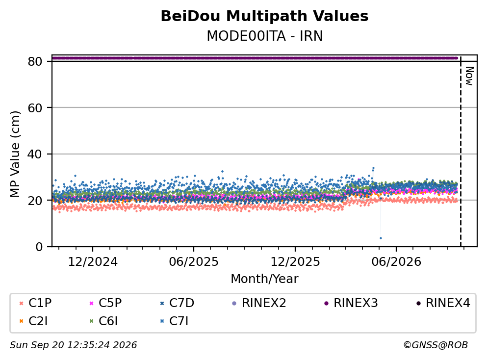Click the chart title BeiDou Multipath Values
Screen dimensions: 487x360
[264, 16]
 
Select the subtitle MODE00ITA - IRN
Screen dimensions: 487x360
[265, 36]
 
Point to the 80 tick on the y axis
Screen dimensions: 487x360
[35, 61]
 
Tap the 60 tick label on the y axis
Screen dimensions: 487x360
[35, 108]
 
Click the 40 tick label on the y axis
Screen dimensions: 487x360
[35, 154]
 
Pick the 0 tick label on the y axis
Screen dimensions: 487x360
[39, 247]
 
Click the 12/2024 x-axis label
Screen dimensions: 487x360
[93, 262]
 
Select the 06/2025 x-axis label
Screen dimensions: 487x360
[194, 262]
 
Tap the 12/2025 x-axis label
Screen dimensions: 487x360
[295, 262]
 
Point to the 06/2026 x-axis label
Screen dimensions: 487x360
[396, 262]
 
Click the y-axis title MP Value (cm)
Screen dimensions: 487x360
[15, 154]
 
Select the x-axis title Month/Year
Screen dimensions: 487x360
[264, 279]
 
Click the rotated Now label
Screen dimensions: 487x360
[469, 76]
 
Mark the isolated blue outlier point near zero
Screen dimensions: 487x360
[381, 238]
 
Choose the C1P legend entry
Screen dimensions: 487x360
[35, 303]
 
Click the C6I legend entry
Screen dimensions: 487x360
[104, 321]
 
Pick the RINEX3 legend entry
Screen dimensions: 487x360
[351, 303]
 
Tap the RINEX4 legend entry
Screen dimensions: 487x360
[443, 303]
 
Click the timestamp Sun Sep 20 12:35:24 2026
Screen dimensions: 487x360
[73, 345]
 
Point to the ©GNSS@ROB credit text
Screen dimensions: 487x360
[436, 345]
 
